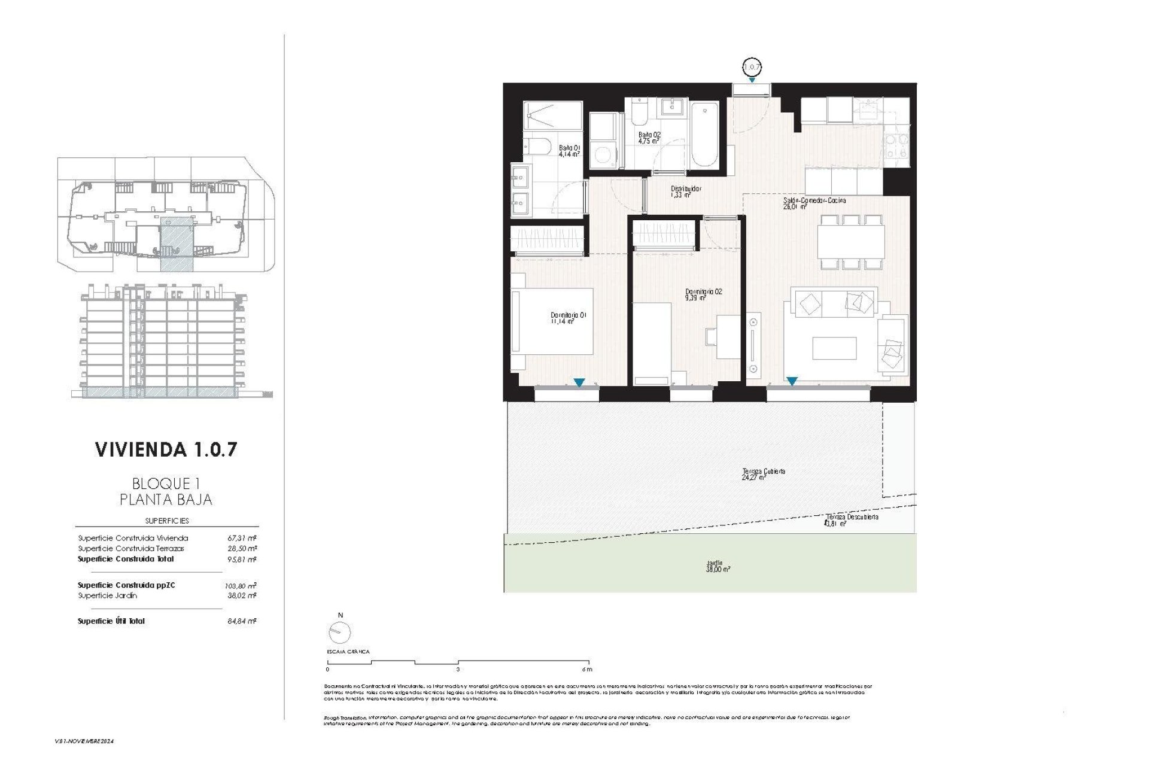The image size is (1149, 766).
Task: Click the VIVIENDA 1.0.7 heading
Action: [166, 450]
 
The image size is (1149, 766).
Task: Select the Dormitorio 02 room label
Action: [703, 294]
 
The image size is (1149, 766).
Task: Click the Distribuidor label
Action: [685, 191]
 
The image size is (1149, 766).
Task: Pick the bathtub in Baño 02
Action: [704, 135]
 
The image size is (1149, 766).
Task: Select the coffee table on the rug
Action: [834, 348]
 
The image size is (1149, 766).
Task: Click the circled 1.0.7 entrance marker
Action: [752, 66]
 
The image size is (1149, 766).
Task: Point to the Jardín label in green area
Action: [718, 566]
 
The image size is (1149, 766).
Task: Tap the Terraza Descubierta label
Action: [852, 519]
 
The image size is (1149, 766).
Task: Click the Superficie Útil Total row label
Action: [111, 621]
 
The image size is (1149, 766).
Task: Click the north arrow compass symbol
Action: [340, 631]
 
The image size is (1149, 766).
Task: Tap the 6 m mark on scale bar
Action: [586, 669]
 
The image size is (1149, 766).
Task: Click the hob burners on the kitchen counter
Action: [896, 146]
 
